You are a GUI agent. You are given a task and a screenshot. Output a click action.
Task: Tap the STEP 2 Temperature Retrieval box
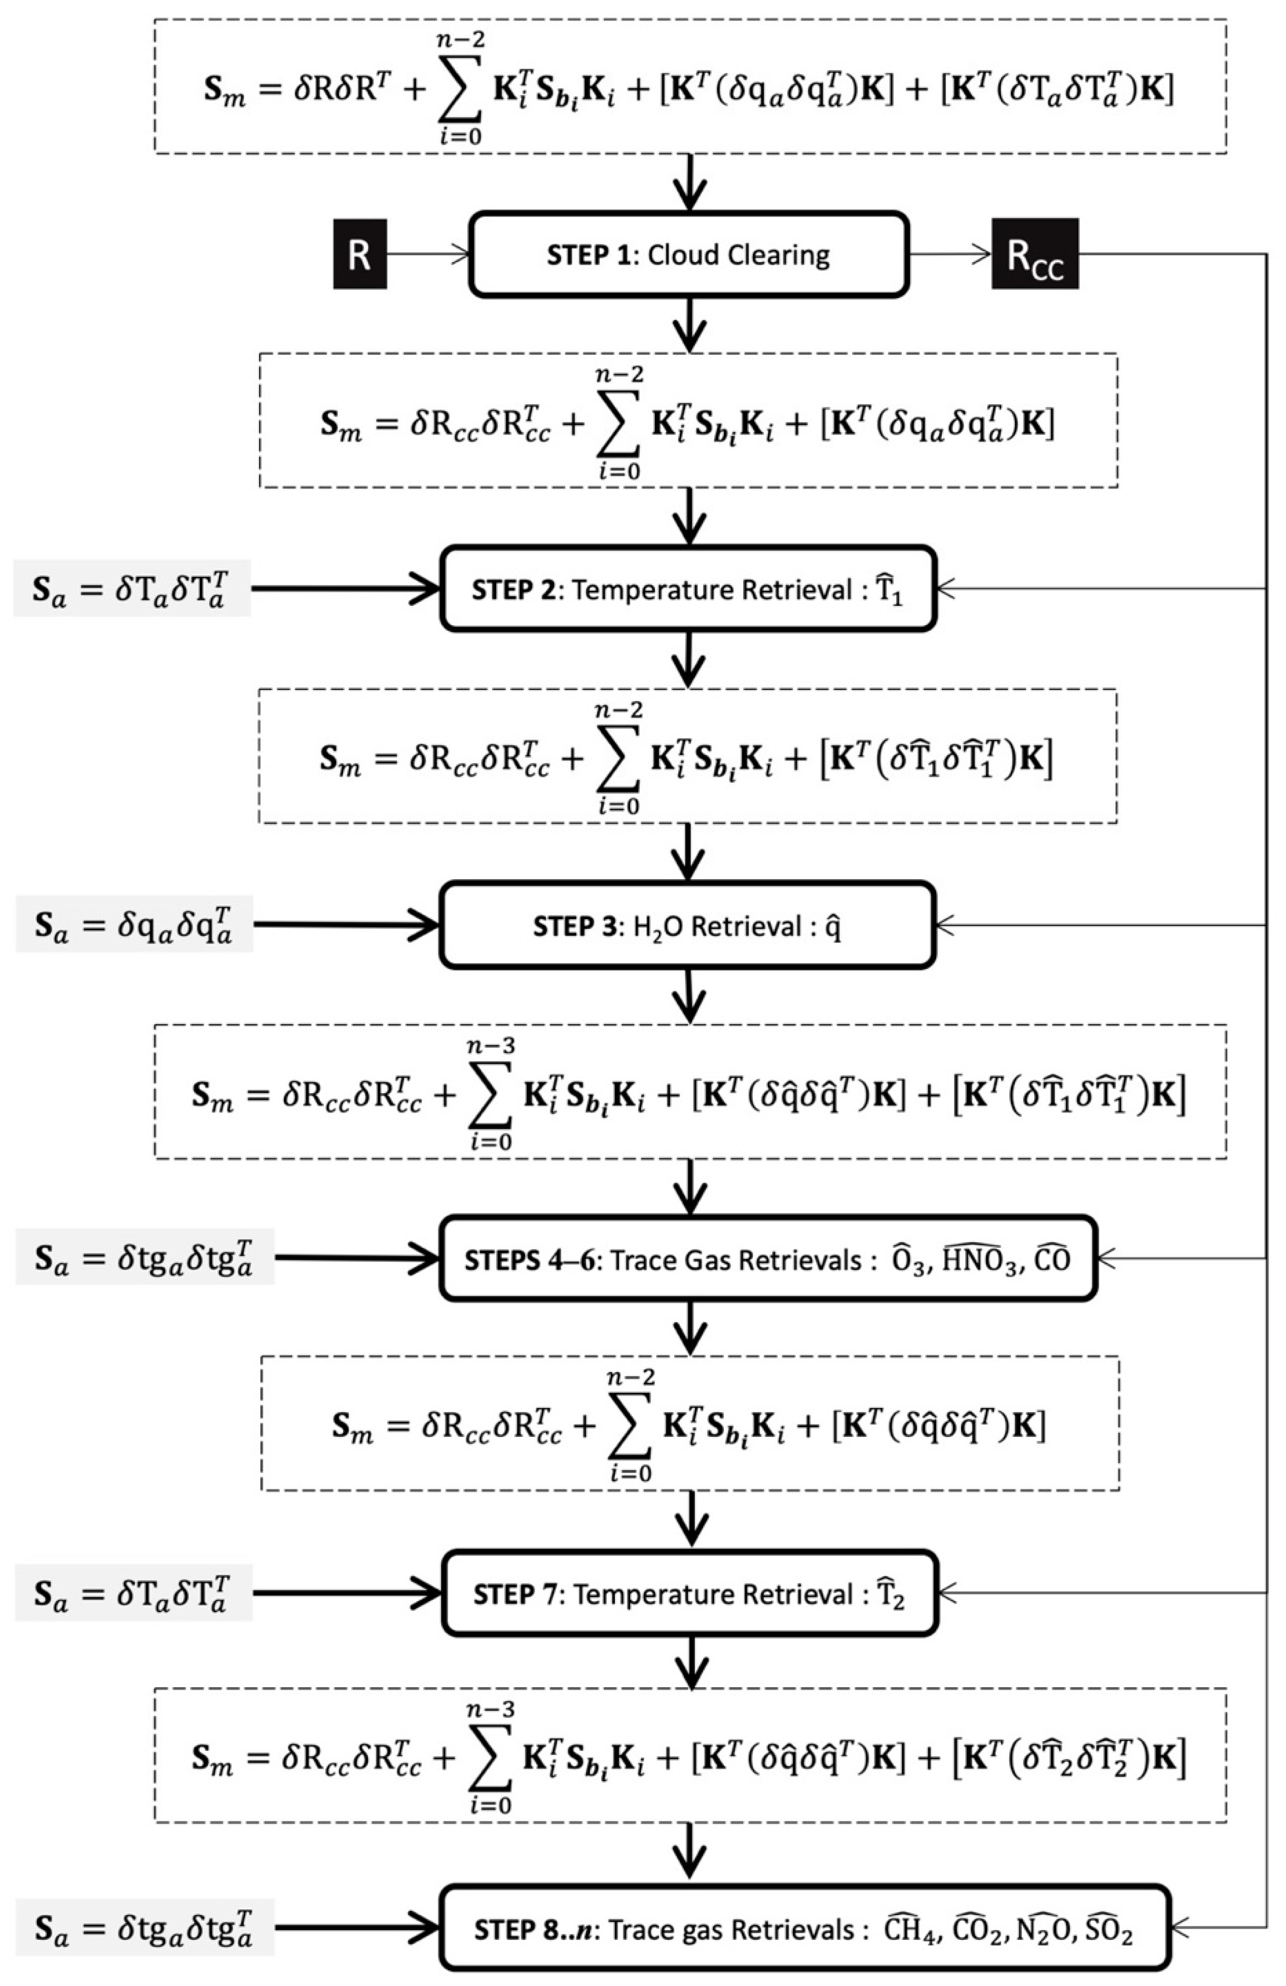tap(688, 589)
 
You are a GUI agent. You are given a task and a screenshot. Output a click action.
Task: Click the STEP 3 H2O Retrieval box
tap(688, 925)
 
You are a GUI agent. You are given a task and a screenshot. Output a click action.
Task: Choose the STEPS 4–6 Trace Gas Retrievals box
tap(767, 1259)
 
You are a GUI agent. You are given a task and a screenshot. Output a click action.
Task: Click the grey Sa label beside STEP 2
tap(132, 589)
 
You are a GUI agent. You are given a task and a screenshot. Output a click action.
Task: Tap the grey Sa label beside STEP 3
tap(133, 925)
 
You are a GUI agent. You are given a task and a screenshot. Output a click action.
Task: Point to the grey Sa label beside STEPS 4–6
tap(144, 1259)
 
